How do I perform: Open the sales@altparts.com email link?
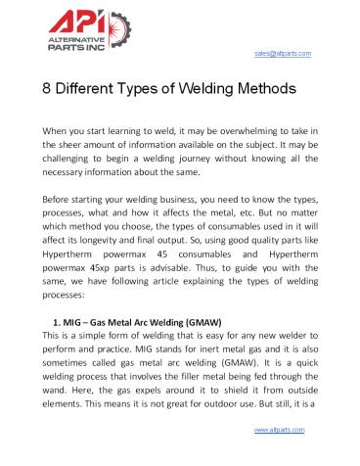point(283,53)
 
